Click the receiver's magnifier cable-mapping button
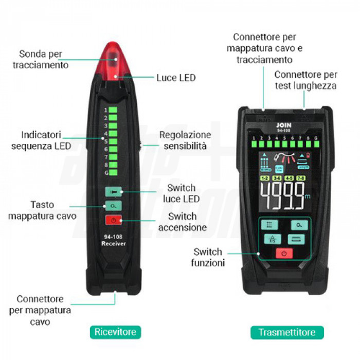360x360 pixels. [112, 206]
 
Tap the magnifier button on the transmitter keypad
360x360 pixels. [298, 225]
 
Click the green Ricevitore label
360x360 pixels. [115, 332]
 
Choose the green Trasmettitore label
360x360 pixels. [287, 332]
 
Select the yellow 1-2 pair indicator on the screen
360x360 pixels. [265, 178]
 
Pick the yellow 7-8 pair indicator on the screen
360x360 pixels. [301, 178]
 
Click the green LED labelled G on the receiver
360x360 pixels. [113, 173]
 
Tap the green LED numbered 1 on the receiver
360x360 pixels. [113, 110]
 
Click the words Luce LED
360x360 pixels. [176, 78]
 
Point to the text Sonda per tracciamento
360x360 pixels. [41, 59]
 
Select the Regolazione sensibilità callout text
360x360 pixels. [185, 140]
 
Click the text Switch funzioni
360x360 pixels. [209, 257]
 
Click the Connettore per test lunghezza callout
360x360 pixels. [305, 80]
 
